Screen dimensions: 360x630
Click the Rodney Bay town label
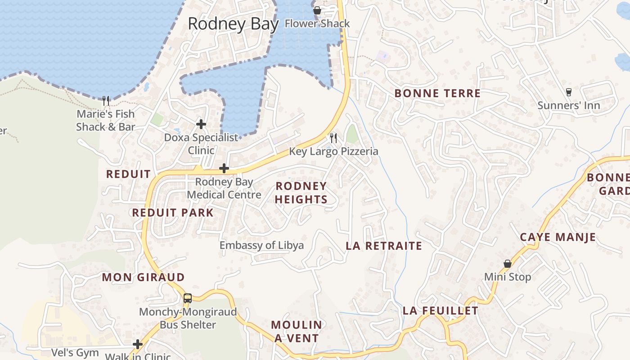coord(233,24)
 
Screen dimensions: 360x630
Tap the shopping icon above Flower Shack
coord(317,10)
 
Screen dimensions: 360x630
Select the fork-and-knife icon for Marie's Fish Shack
coord(106,100)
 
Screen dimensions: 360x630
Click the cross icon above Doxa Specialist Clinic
coord(201,124)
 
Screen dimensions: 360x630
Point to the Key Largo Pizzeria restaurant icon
coord(333,138)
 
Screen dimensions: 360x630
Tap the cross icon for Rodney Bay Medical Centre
coord(224,168)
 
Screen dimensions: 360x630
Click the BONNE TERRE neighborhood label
coord(437,94)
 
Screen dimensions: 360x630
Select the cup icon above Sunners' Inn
coord(569,92)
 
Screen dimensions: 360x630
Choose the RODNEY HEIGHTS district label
coord(301,193)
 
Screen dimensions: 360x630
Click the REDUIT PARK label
coord(173,213)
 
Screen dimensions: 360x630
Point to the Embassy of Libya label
coord(261,245)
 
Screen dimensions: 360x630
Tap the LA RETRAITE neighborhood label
coord(384,246)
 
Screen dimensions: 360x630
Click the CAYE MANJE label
coord(558,237)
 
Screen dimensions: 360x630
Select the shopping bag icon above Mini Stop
coord(508,264)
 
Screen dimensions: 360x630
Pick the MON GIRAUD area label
coord(143,277)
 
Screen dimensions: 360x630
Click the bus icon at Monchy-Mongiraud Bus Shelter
coord(188,298)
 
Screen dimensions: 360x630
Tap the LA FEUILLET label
coord(440,311)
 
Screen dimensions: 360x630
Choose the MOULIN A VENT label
coord(297,332)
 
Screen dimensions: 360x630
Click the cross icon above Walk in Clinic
coord(138,344)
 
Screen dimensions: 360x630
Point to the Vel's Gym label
coord(75,352)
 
